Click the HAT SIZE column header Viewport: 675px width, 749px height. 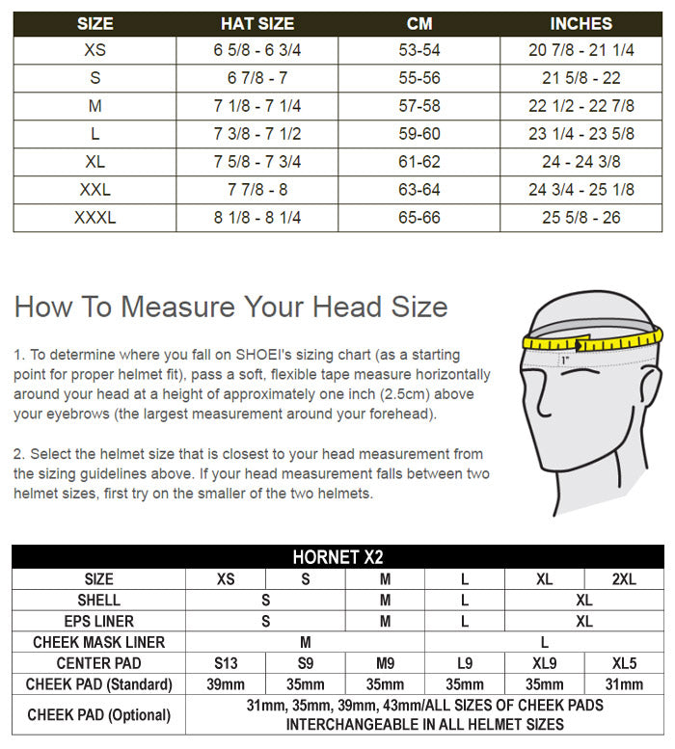pyautogui.click(x=257, y=23)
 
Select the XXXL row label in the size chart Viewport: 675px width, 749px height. pyautogui.click(x=94, y=218)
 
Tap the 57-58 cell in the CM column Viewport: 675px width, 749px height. pyautogui.click(x=419, y=106)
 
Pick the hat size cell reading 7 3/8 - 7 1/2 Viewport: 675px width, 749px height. pyautogui.click(x=257, y=134)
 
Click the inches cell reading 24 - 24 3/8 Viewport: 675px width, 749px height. pyautogui.click(x=581, y=162)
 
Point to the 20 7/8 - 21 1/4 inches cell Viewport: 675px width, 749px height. pyautogui.click(x=581, y=50)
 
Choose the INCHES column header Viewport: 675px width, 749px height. pyautogui.click(x=581, y=23)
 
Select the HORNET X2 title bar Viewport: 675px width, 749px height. pyautogui.click(x=337, y=558)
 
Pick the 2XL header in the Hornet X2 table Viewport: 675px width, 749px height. pyautogui.click(x=624, y=579)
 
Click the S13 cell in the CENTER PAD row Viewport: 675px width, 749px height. pyautogui.click(x=226, y=663)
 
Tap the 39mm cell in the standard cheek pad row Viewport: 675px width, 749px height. pyautogui.click(x=226, y=684)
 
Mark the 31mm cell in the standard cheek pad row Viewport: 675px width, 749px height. pyautogui.click(x=624, y=684)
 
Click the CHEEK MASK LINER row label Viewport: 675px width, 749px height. pyautogui.click(x=99, y=642)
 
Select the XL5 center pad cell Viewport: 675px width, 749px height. pyautogui.click(x=624, y=663)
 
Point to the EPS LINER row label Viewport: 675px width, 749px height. pyautogui.click(x=99, y=622)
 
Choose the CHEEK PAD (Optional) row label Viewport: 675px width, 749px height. pyautogui.click(x=99, y=714)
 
